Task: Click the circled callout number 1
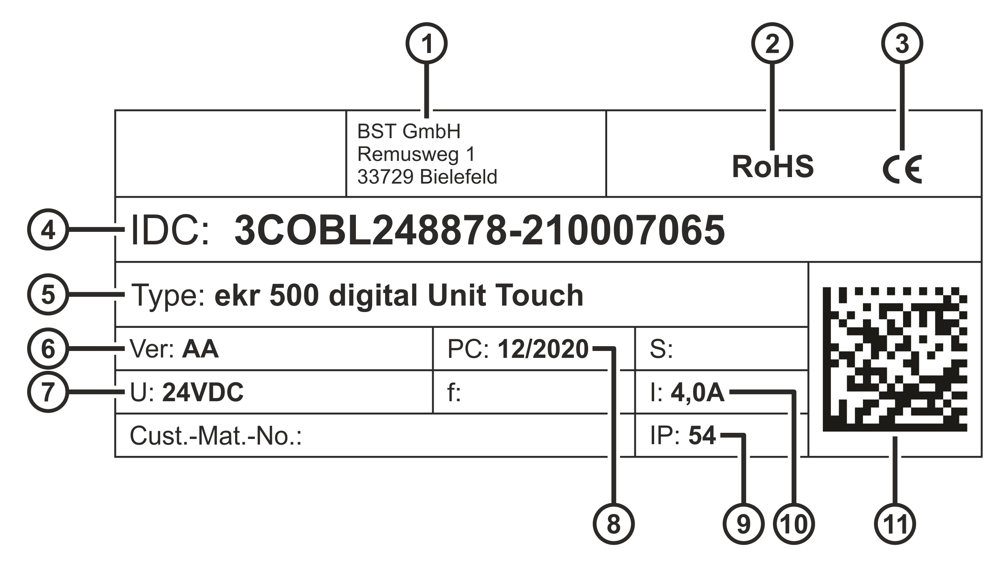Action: pos(427,43)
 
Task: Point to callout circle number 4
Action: pos(48,230)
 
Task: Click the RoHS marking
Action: pos(773,167)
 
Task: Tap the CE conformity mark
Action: pos(902,169)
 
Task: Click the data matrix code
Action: pos(895,359)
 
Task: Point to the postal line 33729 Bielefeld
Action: pos(427,177)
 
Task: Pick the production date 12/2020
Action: pos(543,349)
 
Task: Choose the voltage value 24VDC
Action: pos(203,392)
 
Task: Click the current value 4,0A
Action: pos(698,392)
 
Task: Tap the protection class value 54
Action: pos(702,436)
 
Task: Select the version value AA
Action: pos(200,349)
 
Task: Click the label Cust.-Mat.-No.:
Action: pos(216,436)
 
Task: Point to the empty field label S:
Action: pos(661,349)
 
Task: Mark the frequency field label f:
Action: pos(454,392)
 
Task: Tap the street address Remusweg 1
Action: pos(416,154)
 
